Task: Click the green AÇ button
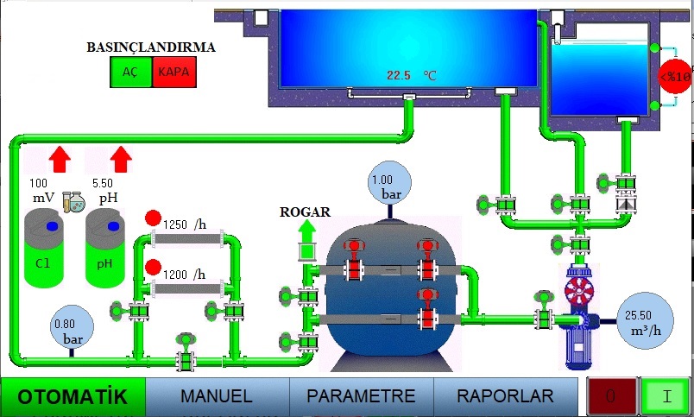131,73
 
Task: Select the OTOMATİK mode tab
73,397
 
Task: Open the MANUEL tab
216,396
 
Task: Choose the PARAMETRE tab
361,396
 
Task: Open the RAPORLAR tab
505,396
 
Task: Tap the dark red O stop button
610,397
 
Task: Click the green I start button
666,397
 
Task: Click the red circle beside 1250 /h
153,218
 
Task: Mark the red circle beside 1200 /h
153,267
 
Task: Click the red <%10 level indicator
676,77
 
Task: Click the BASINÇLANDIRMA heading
151,47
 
